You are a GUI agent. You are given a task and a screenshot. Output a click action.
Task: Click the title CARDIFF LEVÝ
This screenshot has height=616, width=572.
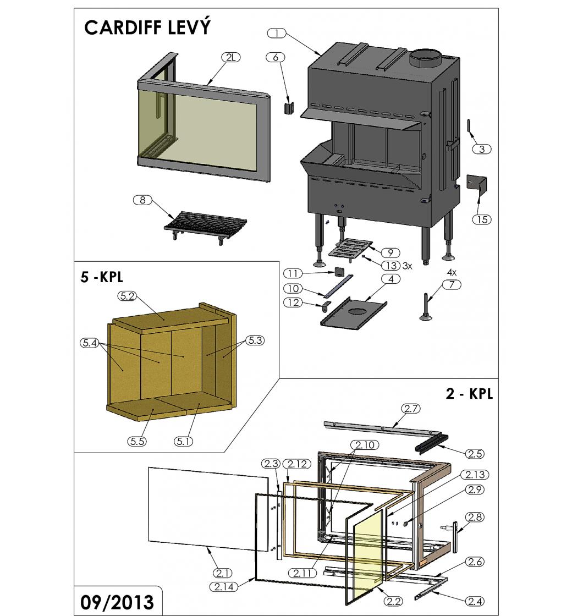coord(147,28)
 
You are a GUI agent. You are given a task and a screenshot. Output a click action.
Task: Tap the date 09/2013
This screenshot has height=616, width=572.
coord(117,602)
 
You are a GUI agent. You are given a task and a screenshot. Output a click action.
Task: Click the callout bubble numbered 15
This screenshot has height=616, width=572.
coord(482,219)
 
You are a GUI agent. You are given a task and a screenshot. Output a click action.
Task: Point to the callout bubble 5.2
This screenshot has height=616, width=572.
coord(127,296)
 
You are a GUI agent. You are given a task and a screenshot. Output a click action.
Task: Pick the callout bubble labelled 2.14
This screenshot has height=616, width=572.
coord(223,587)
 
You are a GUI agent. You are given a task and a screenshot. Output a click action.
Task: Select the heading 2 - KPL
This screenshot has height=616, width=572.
coord(469,394)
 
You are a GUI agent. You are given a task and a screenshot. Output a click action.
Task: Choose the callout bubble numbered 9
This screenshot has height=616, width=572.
coord(390,253)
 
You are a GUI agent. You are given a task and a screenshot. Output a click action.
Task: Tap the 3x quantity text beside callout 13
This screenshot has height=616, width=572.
coord(407,266)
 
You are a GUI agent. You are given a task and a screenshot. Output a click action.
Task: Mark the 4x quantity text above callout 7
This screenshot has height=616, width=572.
coord(452,273)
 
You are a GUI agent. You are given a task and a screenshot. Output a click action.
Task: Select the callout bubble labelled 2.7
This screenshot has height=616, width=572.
coord(411,408)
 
